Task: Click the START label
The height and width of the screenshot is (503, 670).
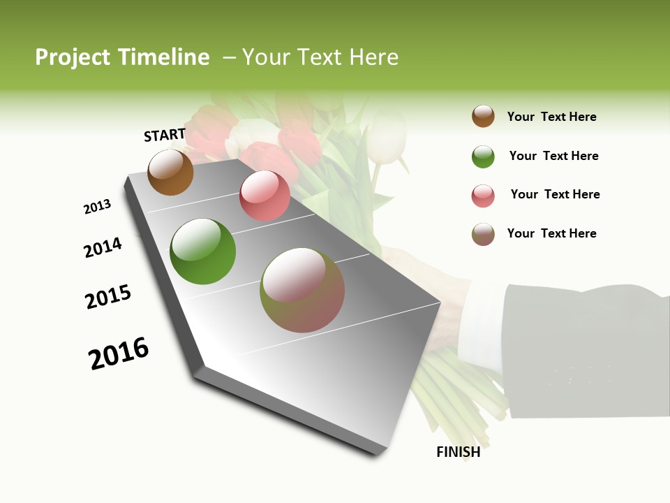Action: click(x=165, y=135)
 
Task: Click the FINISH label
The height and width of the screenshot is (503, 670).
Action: click(x=458, y=452)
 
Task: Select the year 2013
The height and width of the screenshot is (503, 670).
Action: click(x=97, y=207)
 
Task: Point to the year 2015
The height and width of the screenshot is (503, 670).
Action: click(x=108, y=297)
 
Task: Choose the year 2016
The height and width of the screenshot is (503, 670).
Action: click(x=119, y=353)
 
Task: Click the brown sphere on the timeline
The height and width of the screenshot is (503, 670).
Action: click(x=170, y=173)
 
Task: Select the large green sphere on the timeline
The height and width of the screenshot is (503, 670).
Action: click(x=202, y=251)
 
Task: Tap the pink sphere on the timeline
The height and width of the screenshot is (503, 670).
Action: click(x=265, y=196)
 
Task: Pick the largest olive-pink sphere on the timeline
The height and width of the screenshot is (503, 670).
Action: click(x=302, y=290)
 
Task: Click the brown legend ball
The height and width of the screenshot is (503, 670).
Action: click(x=483, y=116)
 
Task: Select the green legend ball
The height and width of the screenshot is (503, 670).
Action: click(x=483, y=156)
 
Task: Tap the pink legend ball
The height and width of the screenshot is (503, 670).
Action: click(x=483, y=196)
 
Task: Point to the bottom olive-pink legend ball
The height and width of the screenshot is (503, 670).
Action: click(x=483, y=234)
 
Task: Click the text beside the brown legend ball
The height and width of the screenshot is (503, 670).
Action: click(x=551, y=117)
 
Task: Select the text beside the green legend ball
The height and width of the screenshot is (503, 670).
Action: click(x=553, y=156)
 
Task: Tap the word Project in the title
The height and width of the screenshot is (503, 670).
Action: click(x=73, y=57)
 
